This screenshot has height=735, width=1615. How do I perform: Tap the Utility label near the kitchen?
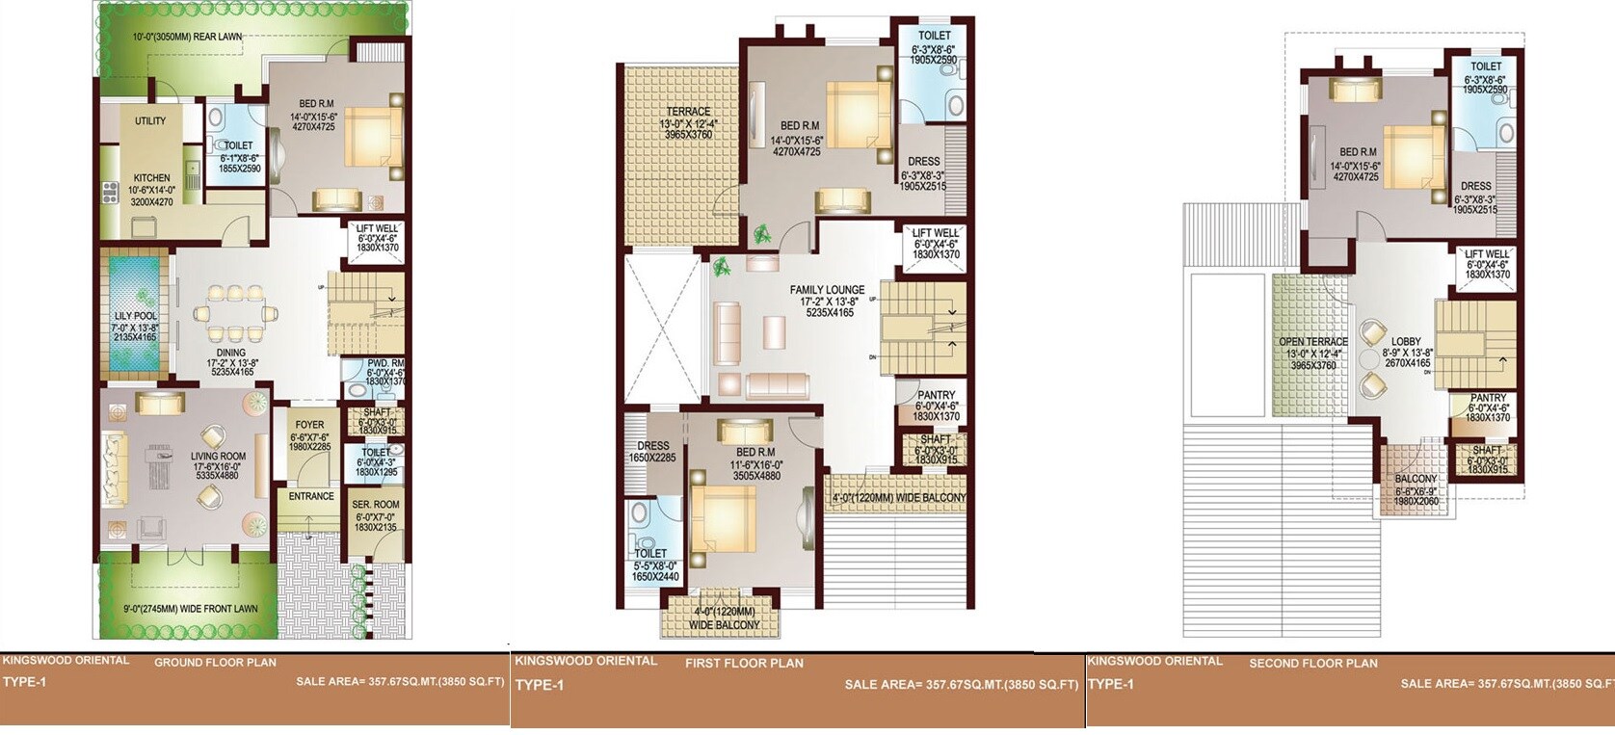[x=150, y=121]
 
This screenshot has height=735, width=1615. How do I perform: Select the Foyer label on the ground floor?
[x=309, y=425]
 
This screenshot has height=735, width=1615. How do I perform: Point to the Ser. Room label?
[x=376, y=505]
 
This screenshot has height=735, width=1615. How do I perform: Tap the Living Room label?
[x=218, y=457]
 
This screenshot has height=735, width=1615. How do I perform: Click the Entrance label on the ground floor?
[x=311, y=497]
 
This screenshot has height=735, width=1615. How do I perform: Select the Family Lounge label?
[x=827, y=290]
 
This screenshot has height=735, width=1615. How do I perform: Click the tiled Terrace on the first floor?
[x=682, y=154]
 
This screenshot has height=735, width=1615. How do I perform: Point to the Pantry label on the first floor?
[x=936, y=395]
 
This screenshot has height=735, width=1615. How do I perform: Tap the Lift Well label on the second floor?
[x=1487, y=254]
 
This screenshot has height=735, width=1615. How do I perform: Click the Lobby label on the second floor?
[x=1406, y=342]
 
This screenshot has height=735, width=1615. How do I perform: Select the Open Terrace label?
[x=1312, y=342]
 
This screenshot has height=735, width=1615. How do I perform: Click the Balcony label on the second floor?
[x=1416, y=479]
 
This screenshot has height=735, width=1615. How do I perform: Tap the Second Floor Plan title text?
[x=1312, y=664]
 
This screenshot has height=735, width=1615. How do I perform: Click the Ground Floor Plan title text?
[x=215, y=663]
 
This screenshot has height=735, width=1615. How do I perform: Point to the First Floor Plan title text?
[x=744, y=664]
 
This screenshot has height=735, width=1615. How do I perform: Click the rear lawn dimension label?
[x=187, y=37]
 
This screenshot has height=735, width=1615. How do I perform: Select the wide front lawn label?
[x=190, y=609]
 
